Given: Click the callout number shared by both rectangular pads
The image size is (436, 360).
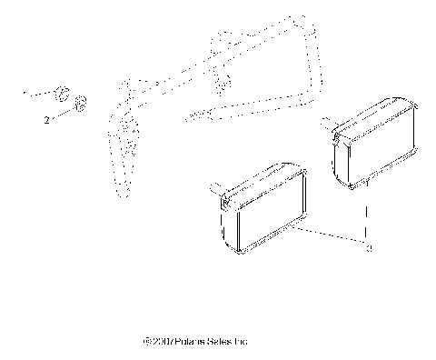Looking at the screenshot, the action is pyautogui.click(x=368, y=247).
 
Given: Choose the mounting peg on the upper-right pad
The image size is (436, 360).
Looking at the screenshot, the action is pyautogui.click(x=328, y=125).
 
